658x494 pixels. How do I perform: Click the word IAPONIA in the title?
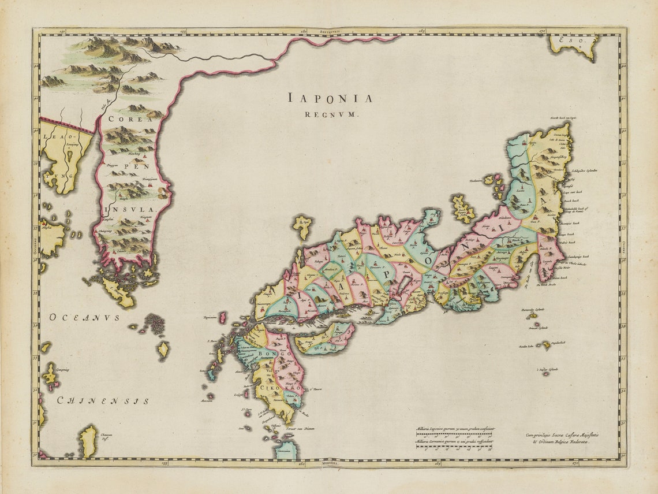coord(330,99)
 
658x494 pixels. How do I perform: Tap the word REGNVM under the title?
coord(331,114)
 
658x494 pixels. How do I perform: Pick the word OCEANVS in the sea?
coord(84,317)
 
